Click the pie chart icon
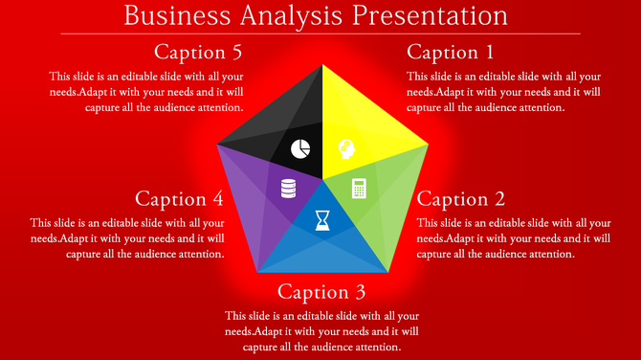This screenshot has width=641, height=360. tap(300, 148)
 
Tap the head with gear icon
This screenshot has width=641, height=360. tap(345, 148)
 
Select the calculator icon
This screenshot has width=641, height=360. tap(360, 188)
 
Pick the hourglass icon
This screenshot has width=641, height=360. tap(322, 220)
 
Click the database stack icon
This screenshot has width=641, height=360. tap(288, 188)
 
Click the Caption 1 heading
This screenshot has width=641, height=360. tap(450, 52)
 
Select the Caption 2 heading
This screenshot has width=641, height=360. tap(461, 199)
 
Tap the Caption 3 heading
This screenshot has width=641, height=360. tap(321, 291)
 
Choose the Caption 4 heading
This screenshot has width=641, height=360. tap(180, 199)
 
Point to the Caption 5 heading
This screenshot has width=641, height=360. tap(198, 52)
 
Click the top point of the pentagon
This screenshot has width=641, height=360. tap(322, 66)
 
